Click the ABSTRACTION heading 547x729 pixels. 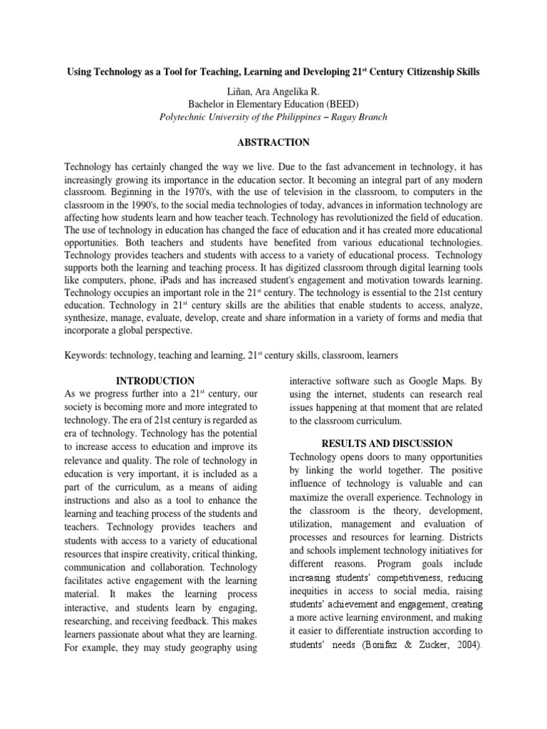273,142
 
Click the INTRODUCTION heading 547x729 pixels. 155,381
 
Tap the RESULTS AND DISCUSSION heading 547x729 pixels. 386,443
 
